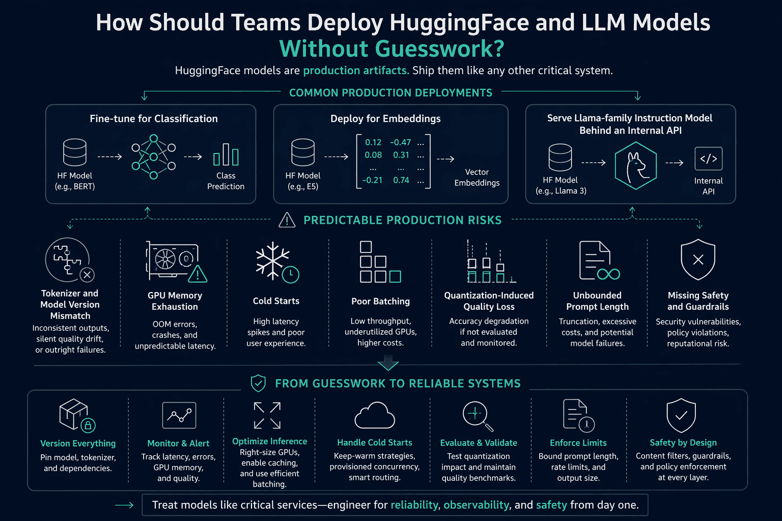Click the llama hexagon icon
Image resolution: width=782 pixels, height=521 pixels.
coord(635,165)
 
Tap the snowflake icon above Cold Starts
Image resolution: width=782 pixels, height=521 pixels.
coord(273,260)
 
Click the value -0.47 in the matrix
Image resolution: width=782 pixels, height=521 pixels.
coord(401,142)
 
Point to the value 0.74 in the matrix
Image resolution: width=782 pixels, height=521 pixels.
coord(401,180)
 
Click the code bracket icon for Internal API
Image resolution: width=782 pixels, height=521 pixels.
coord(708,159)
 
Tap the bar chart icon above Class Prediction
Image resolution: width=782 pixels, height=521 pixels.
coord(226,155)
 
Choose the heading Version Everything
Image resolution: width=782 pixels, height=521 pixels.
coord(78,443)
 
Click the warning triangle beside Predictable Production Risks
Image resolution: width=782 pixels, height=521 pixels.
coord(287,220)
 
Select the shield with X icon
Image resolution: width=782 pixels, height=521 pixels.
coord(698,259)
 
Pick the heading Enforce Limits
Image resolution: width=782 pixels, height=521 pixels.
coord(578,443)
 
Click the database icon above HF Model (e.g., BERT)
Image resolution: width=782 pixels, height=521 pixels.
coord(75,153)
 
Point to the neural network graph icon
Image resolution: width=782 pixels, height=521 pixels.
coord(154,157)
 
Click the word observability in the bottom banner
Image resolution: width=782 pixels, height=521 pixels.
coord(476,505)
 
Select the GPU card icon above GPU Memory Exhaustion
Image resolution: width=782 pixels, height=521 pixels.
coord(176,262)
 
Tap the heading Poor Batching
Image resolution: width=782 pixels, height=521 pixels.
coord(380,301)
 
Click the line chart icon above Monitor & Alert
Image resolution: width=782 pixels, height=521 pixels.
coord(179,415)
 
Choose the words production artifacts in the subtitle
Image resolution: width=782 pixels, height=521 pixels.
coord(356,71)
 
